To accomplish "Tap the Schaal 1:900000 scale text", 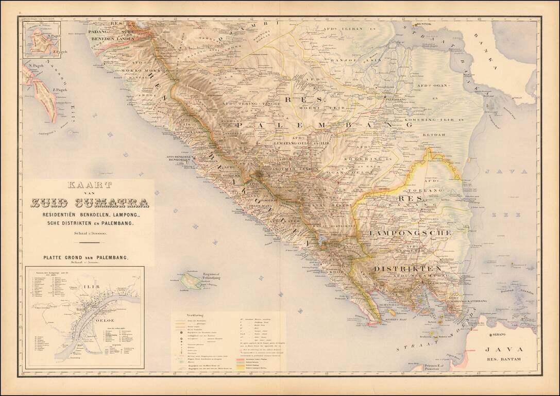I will [90, 235].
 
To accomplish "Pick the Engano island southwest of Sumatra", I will [191, 280].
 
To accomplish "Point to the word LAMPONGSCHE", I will [410, 233].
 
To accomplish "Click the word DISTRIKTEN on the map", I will [407, 269].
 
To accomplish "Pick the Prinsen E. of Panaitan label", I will [436, 367].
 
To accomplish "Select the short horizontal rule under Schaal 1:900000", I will [90, 243].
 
